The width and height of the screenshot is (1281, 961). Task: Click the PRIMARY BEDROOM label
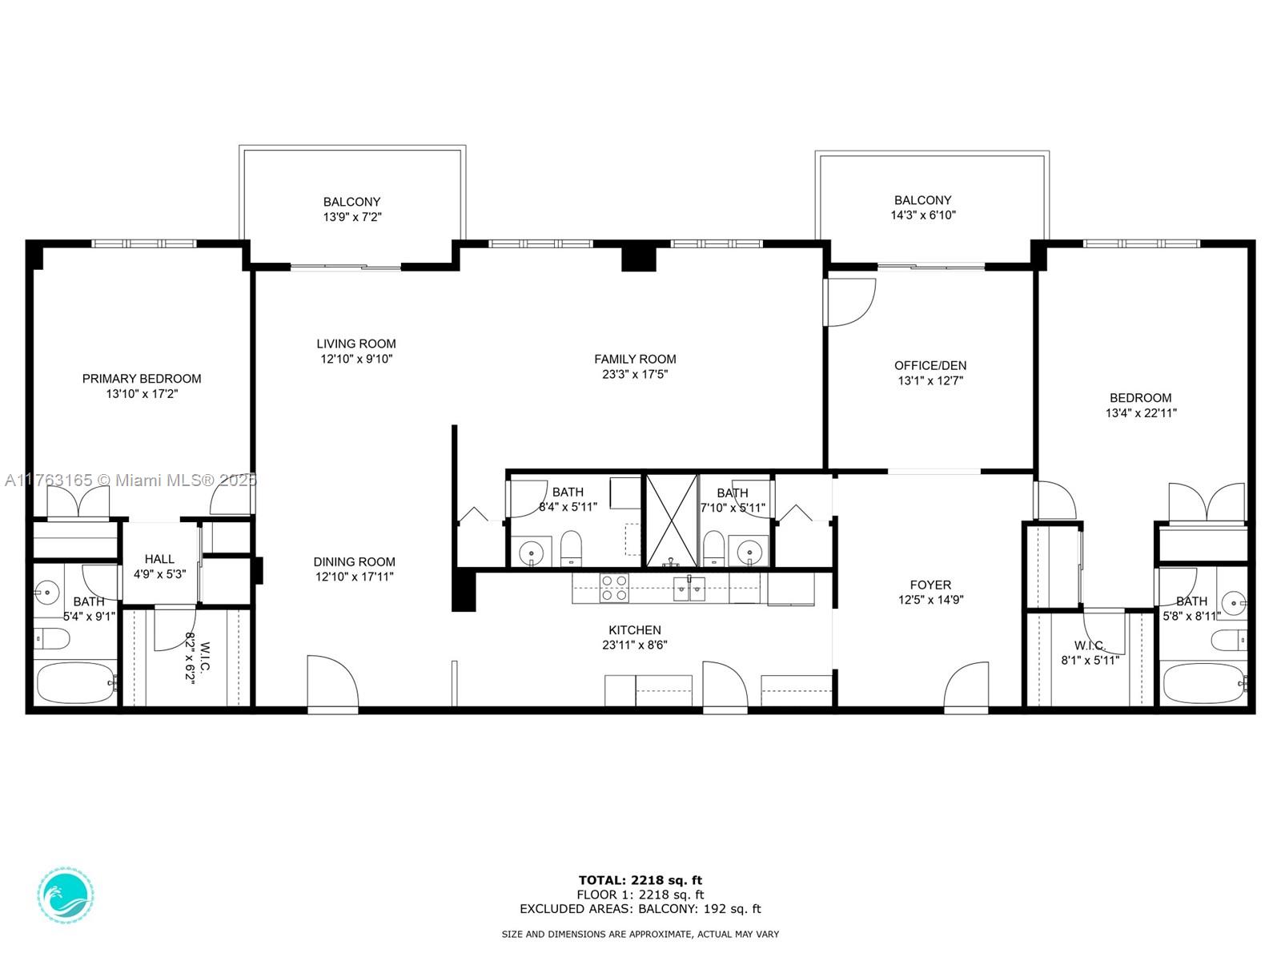[x=141, y=379]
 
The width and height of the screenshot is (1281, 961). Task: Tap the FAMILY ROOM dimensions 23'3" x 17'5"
[x=635, y=374]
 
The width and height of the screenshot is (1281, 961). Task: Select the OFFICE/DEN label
[x=930, y=365]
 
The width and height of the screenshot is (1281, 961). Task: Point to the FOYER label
[x=930, y=585]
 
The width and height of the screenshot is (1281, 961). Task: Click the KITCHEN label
[x=634, y=630]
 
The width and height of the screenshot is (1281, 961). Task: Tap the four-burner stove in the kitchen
[x=615, y=588]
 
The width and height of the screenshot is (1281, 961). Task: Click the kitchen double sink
[x=689, y=589]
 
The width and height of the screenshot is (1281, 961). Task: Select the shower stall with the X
[x=672, y=521]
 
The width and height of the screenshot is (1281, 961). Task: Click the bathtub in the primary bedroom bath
[x=74, y=682]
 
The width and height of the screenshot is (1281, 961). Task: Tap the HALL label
[x=159, y=559]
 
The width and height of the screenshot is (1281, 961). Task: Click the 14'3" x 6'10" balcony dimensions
[x=922, y=215]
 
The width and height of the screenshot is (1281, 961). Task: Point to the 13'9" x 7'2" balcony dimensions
[x=352, y=217]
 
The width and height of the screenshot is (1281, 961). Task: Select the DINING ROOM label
[x=354, y=562]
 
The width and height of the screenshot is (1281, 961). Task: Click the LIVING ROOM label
[x=356, y=344]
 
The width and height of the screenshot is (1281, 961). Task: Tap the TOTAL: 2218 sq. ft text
[x=640, y=880]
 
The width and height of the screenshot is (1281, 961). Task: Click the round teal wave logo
[x=66, y=895]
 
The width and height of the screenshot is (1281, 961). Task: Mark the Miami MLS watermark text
[x=131, y=480]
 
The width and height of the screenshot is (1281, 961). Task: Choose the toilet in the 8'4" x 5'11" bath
[x=571, y=548]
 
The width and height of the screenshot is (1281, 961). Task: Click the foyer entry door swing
[x=966, y=686]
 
